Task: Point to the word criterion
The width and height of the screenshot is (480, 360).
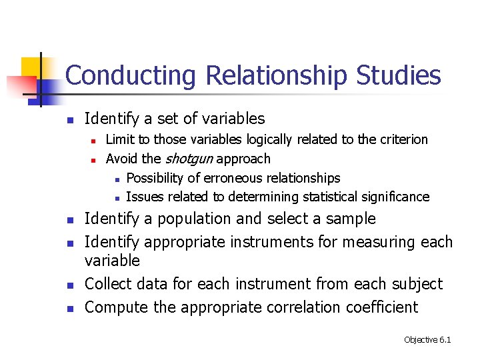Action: [x=403, y=139]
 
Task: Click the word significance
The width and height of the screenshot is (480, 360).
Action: [x=395, y=197]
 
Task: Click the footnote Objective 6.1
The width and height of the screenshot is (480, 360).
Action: [x=427, y=340]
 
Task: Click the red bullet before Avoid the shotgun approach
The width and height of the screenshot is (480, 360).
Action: [x=95, y=160]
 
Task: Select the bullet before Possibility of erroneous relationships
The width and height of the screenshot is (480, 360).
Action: [x=117, y=179]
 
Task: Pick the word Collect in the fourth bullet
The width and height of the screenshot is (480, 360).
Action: [x=109, y=284]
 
